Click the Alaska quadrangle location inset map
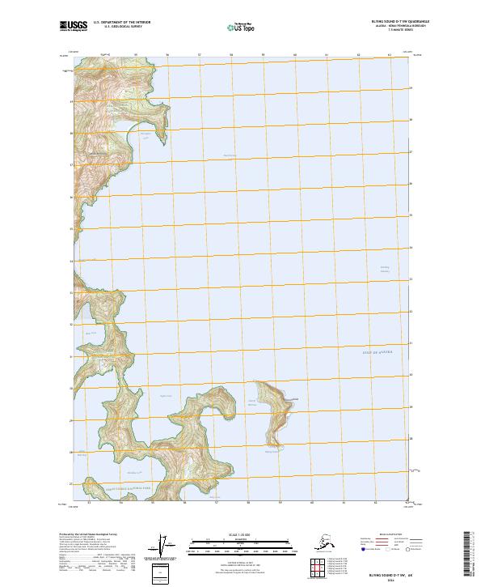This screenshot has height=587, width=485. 326,540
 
